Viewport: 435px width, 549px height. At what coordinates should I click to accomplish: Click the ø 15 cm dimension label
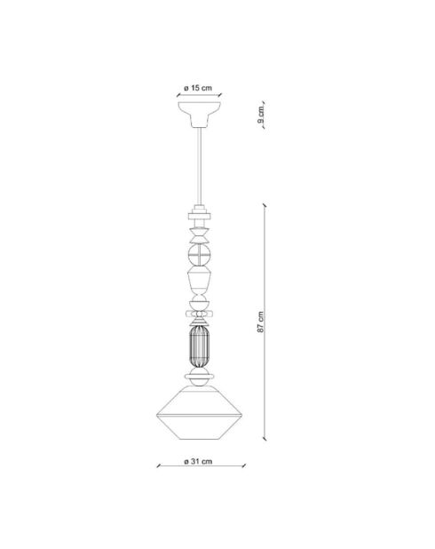[x=197, y=88]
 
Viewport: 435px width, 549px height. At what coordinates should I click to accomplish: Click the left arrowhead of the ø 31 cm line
[x=157, y=470]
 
